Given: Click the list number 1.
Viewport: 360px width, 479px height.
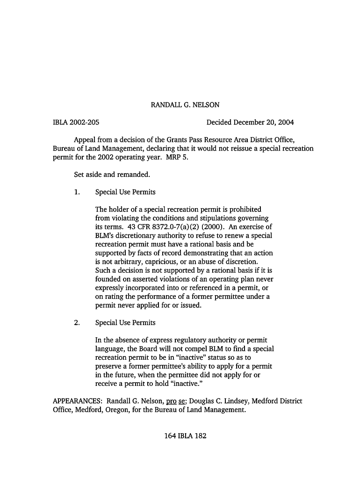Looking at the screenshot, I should (77, 192).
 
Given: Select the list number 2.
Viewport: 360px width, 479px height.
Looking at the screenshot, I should (77, 322).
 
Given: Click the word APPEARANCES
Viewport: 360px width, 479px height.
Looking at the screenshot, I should (78, 401).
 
